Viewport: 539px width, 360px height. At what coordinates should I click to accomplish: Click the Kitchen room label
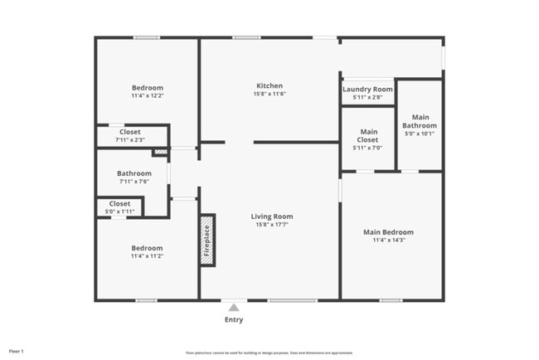[x=269, y=85]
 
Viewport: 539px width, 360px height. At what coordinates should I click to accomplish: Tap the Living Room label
[x=272, y=216]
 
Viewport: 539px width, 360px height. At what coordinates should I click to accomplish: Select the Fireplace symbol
[x=206, y=241]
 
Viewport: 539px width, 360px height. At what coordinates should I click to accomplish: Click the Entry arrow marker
[x=234, y=306]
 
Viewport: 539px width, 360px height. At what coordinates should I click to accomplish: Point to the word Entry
[x=234, y=319]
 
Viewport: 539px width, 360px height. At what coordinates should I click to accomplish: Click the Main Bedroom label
[x=388, y=231]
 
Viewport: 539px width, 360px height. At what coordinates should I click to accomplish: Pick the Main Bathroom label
[x=420, y=121]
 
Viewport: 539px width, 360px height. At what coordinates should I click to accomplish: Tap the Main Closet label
[x=367, y=135]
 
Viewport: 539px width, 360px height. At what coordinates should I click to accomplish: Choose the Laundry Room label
[x=367, y=89]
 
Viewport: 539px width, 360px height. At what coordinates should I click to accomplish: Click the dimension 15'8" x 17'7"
[x=272, y=225]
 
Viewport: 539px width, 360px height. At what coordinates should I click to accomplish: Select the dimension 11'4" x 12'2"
[x=148, y=96]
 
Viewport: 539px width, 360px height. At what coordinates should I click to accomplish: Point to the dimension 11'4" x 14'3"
[x=388, y=240]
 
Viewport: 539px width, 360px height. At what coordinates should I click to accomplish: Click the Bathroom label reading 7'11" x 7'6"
[x=134, y=173]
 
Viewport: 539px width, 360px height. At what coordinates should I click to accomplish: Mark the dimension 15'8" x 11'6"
[x=269, y=94]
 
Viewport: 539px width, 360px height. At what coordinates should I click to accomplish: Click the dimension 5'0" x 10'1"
[x=420, y=134]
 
